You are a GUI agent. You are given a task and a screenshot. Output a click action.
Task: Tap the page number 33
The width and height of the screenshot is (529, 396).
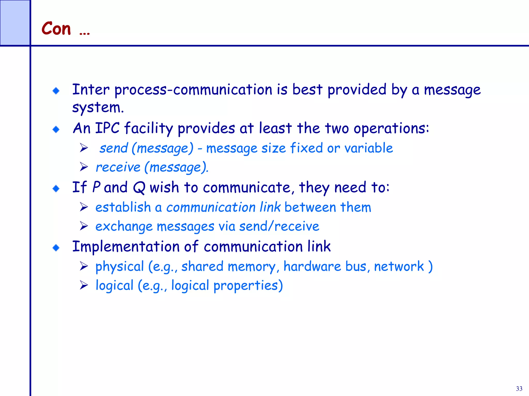click(x=519, y=389)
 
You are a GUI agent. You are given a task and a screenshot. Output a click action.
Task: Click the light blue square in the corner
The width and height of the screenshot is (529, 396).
click(x=15, y=23)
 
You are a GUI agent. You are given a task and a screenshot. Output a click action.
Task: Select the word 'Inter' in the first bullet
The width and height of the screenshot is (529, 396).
click(x=91, y=90)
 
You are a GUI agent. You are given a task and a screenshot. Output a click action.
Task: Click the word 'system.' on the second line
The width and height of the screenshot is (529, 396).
click(x=98, y=108)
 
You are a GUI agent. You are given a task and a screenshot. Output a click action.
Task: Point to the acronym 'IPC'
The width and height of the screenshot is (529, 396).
click(x=107, y=128)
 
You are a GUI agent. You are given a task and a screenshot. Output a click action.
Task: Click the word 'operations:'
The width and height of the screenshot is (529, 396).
click(x=391, y=128)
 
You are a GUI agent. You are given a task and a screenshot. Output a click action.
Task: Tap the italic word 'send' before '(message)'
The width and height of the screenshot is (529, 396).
click(x=114, y=148)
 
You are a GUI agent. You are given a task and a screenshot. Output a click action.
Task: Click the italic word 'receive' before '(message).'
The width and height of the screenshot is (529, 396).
click(x=118, y=168)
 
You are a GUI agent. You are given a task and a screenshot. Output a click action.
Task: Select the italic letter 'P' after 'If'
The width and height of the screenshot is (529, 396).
click(x=96, y=187)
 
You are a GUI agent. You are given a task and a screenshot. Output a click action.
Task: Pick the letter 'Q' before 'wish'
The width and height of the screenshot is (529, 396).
click(x=139, y=188)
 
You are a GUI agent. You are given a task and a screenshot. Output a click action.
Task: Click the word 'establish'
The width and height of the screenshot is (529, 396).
click(x=123, y=207)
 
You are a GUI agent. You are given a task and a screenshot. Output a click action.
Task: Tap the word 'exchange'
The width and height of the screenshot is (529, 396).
click(x=124, y=227)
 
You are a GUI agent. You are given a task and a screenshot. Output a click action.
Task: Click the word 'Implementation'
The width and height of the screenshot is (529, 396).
click(x=126, y=247)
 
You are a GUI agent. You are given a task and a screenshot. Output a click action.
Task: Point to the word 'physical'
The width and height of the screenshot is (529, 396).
click(x=120, y=267)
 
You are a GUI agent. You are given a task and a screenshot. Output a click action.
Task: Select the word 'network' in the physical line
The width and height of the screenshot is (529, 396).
click(x=399, y=267)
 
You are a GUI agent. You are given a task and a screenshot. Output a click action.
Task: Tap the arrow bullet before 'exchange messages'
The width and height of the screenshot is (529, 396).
click(x=84, y=226)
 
